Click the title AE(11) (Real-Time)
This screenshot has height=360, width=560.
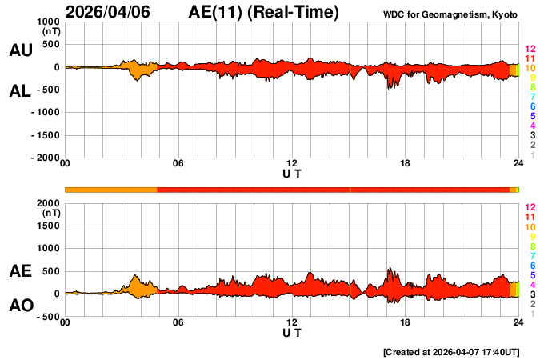pyautogui.click(x=264, y=12)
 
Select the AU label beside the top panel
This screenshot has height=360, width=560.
pyautogui.click(x=20, y=50)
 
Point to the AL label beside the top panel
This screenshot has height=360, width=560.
pyautogui.click(x=20, y=91)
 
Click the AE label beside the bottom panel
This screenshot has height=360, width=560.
pyautogui.click(x=20, y=271)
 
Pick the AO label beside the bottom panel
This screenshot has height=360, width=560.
pyautogui.click(x=20, y=306)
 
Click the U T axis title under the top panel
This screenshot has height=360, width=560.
pyautogui.click(x=292, y=173)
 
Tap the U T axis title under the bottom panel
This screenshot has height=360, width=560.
pyautogui.click(x=292, y=332)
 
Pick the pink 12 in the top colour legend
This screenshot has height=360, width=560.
pyautogui.click(x=529, y=49)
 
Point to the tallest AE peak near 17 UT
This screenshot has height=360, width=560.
pyautogui.click(x=390, y=267)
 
